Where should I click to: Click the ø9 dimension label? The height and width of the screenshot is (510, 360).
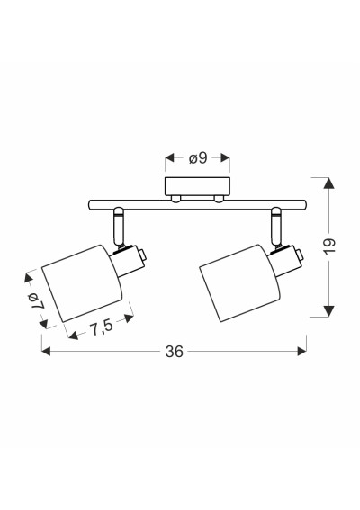(x=198, y=158)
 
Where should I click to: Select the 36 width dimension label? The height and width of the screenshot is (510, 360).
(x=175, y=352)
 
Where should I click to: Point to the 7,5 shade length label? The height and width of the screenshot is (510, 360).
(x=101, y=327)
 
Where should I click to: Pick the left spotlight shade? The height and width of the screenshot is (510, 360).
(x=82, y=283)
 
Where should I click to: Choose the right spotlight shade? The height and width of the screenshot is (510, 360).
(x=239, y=283)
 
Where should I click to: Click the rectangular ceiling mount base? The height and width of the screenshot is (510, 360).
(x=198, y=186)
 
